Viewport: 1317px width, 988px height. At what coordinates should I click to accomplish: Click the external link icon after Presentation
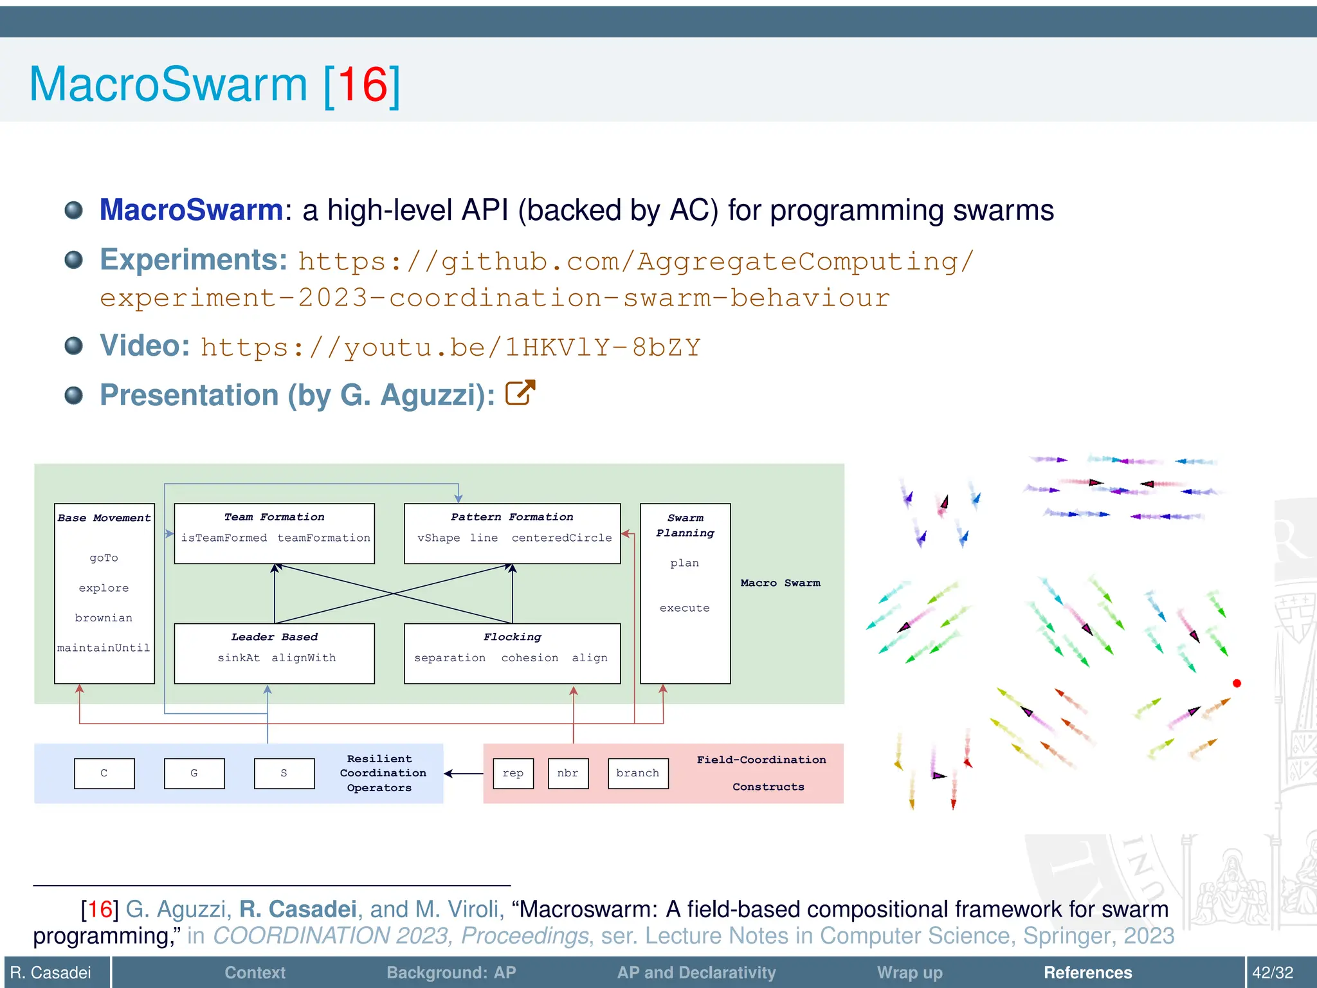click(x=520, y=393)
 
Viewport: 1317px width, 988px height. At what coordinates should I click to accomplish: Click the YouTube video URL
click(x=450, y=347)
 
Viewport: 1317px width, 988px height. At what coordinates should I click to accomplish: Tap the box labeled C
click(x=104, y=773)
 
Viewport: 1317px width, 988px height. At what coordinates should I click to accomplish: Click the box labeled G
click(x=194, y=773)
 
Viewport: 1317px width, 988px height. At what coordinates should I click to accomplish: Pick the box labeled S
click(x=284, y=773)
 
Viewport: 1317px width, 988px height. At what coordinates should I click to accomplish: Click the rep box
click(x=513, y=773)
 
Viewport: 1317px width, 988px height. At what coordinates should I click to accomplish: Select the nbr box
click(x=568, y=773)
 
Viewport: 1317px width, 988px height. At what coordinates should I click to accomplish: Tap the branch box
click(x=638, y=773)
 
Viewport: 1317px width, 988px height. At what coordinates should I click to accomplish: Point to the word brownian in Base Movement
click(x=104, y=618)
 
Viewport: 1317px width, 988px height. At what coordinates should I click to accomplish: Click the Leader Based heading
click(x=275, y=637)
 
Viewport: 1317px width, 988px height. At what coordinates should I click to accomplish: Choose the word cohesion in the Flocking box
click(x=530, y=658)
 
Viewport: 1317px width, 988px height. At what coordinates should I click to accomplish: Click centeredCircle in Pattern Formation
click(x=561, y=538)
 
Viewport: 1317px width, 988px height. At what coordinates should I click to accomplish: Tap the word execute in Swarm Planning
click(x=685, y=608)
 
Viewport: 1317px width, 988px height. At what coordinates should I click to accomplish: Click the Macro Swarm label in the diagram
click(x=780, y=583)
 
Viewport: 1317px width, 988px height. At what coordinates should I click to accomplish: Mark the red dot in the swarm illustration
click(x=1237, y=683)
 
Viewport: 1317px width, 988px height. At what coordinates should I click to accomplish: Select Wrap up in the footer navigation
click(x=909, y=973)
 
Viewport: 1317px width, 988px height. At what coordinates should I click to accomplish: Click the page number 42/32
click(x=1273, y=973)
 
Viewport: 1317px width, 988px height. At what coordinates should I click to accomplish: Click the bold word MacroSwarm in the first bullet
click(x=191, y=210)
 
